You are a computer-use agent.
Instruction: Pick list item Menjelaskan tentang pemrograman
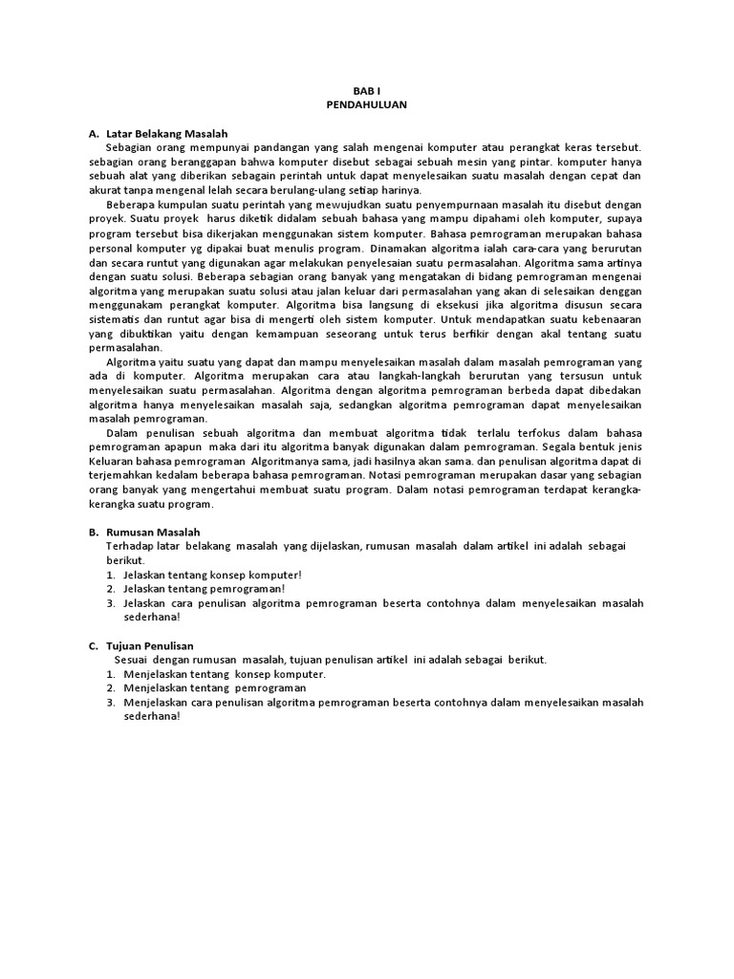(215, 688)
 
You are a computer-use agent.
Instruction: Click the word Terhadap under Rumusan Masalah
(129, 545)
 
